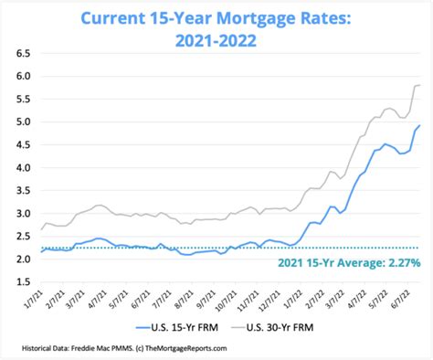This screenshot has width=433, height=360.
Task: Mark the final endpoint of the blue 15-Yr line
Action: (x=418, y=126)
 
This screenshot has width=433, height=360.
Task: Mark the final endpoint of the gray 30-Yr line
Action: (x=418, y=85)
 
